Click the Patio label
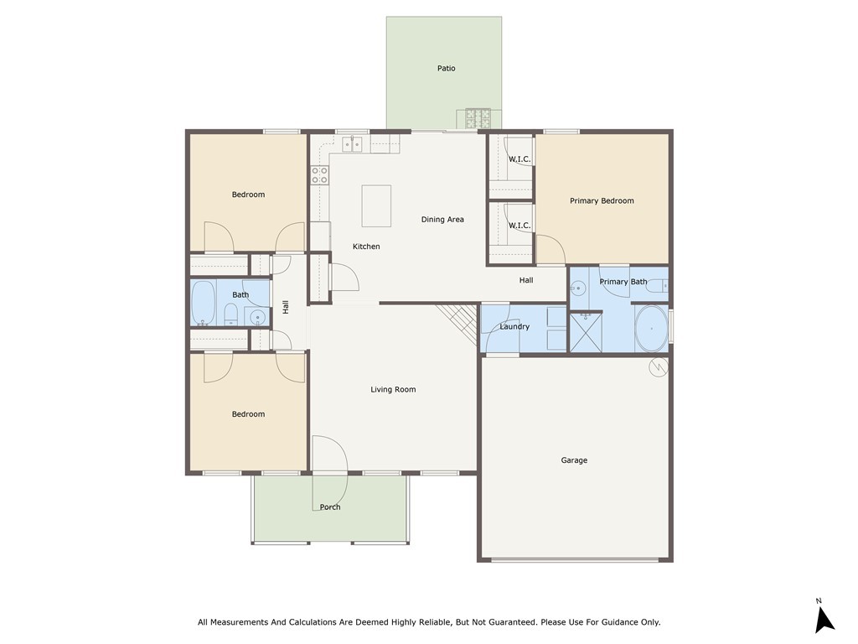[446, 68]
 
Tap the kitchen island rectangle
[376, 206]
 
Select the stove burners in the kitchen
[320, 175]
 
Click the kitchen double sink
[352, 143]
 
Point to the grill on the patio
[477, 117]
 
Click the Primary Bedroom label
[602, 200]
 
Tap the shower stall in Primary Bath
[586, 331]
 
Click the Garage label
[574, 460]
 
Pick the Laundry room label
[514, 326]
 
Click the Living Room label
[393, 389]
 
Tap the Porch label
[330, 506]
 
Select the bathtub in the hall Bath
[203, 303]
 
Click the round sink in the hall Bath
[258, 317]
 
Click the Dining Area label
[442, 220]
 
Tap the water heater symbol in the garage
[658, 366]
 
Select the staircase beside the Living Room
[457, 319]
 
